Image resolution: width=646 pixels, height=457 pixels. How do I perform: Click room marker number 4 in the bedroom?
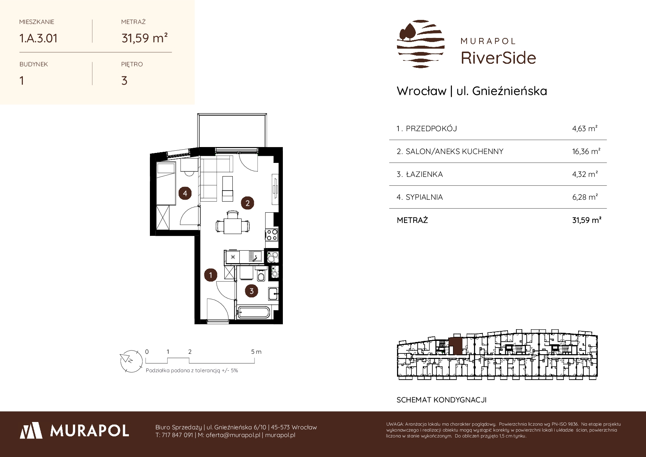coord(185,193)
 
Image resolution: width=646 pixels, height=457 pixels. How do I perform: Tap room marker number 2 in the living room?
coord(247,203)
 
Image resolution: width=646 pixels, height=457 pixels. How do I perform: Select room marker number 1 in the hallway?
coord(211,275)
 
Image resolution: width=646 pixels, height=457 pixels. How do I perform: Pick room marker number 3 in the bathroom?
coord(252,291)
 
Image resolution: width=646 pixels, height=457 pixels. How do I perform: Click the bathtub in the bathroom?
coord(254,312)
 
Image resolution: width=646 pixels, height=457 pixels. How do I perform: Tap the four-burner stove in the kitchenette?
coord(272,235)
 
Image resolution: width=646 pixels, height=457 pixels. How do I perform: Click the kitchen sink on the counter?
coord(255,256)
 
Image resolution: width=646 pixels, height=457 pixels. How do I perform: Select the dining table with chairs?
coord(232,222)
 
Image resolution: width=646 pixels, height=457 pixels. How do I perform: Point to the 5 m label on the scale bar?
coord(256,352)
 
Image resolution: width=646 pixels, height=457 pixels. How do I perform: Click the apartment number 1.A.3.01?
coord(38,38)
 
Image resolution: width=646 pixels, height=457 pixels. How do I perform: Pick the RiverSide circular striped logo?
coord(421,44)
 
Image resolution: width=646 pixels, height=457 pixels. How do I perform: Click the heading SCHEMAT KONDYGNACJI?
coord(442,400)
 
